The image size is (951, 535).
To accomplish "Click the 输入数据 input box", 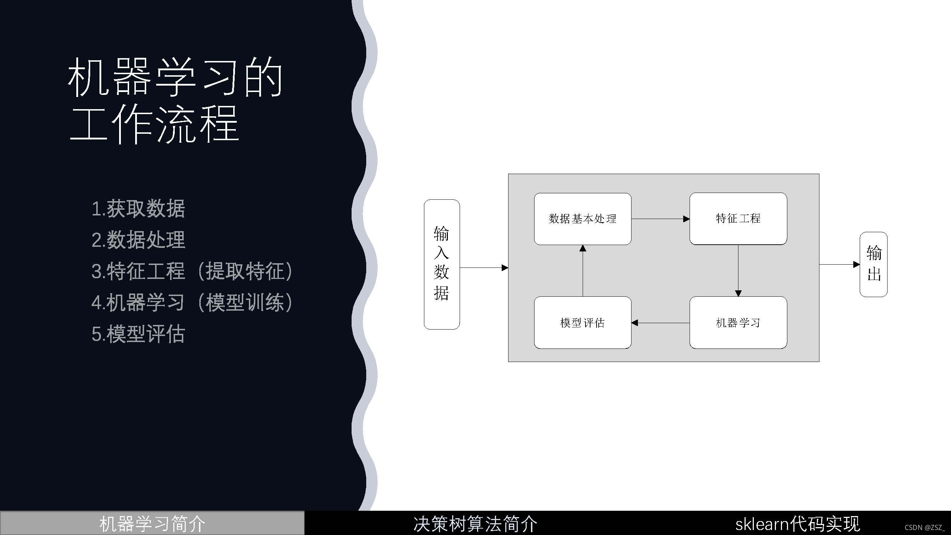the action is (441, 264).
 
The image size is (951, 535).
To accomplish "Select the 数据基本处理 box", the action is (583, 219).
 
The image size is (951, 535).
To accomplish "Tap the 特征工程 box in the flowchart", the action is (738, 219).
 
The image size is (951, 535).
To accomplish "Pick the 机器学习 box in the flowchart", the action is (738, 323).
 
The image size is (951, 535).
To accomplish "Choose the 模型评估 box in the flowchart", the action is (583, 323).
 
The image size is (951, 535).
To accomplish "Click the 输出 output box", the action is (874, 264).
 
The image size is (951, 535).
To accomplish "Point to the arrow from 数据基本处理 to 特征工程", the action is (660, 219).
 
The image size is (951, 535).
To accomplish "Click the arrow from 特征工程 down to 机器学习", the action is (738, 270).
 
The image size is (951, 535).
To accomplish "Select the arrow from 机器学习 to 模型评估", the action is (660, 323).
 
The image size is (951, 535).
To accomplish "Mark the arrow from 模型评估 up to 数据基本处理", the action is (583, 270).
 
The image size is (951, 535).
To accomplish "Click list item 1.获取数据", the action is (138, 209).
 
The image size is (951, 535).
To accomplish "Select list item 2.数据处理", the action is (138, 240).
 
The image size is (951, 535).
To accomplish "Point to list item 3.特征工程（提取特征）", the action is (192, 271).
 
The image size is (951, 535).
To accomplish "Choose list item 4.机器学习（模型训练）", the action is (192, 303).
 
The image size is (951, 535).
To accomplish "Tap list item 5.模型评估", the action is (138, 334).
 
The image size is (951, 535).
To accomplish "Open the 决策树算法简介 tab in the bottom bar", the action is (475, 524).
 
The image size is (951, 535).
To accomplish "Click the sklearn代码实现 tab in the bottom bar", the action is (797, 524).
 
